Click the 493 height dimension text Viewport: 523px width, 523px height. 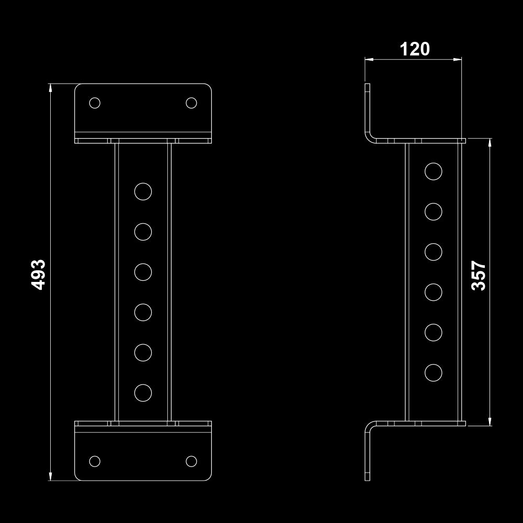(39, 274)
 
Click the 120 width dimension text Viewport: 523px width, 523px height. (415, 49)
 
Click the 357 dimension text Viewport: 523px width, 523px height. (479, 276)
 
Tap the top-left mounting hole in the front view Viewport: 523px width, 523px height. (95, 103)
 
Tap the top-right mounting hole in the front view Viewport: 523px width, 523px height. (191, 103)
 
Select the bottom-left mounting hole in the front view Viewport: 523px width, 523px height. (95, 461)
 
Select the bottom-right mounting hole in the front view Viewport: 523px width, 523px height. (191, 461)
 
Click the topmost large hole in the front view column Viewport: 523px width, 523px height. (143, 191)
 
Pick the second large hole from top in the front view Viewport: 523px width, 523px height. (143, 231)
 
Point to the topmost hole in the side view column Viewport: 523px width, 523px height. (434, 171)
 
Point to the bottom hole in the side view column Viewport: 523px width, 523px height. (434, 373)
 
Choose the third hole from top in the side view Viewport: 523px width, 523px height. (434, 252)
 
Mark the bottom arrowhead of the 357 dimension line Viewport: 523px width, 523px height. (490, 422)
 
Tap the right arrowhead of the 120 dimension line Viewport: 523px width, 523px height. (458, 60)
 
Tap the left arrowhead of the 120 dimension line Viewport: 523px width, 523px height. (369, 60)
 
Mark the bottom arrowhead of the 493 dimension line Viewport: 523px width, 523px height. (51, 476)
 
